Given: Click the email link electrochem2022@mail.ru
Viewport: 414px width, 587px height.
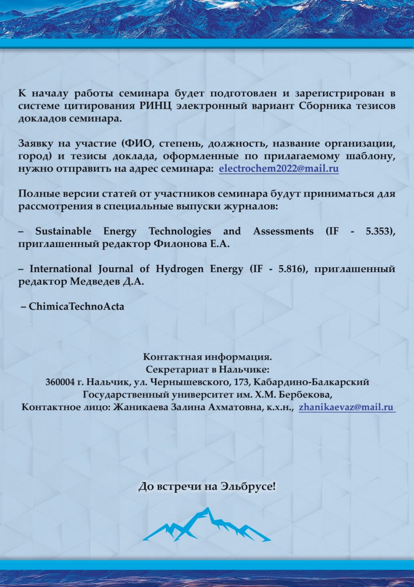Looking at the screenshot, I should (x=279, y=169).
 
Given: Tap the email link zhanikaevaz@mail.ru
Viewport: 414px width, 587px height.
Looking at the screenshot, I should (x=346, y=407).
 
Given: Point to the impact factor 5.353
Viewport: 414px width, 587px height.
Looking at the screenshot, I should (x=379, y=231).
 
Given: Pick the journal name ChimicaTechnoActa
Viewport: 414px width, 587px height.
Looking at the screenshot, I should (x=76, y=306).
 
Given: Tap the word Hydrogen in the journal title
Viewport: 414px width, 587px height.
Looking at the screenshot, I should (x=179, y=269).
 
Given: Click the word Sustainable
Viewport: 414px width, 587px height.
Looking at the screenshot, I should (x=63, y=231).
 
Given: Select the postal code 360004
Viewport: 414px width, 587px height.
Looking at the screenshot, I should (x=60, y=382).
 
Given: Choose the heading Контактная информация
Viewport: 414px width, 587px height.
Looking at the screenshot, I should (x=207, y=357).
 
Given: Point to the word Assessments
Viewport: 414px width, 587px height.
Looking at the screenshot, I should (x=283, y=231).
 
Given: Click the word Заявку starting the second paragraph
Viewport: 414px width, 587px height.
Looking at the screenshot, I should (x=34, y=144).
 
